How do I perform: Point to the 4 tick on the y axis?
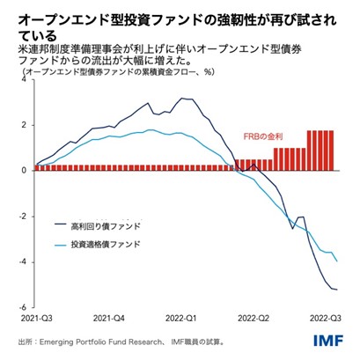[24, 79]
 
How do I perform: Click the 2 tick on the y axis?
[24, 125]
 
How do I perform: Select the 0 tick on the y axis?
[24, 171]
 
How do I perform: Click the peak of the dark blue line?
[182, 99]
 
